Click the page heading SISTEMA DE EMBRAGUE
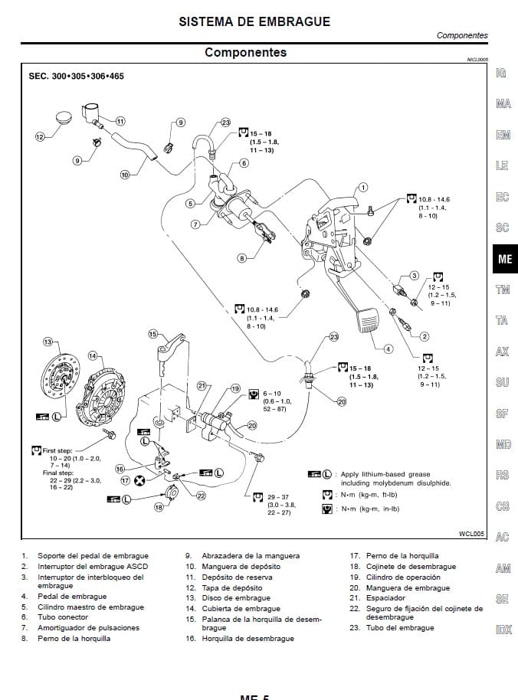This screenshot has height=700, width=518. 254,21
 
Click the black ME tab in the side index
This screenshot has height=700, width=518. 504,259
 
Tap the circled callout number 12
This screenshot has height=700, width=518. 41,137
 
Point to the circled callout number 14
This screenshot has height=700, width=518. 93,355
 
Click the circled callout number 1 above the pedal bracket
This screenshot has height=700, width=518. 363,186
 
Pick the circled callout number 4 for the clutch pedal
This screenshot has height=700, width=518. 388,349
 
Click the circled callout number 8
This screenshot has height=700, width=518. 242,259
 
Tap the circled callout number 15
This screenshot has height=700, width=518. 152,334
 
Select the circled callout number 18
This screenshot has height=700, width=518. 159,506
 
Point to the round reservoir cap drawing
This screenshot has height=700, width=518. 64,122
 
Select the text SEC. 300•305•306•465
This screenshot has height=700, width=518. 76,77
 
